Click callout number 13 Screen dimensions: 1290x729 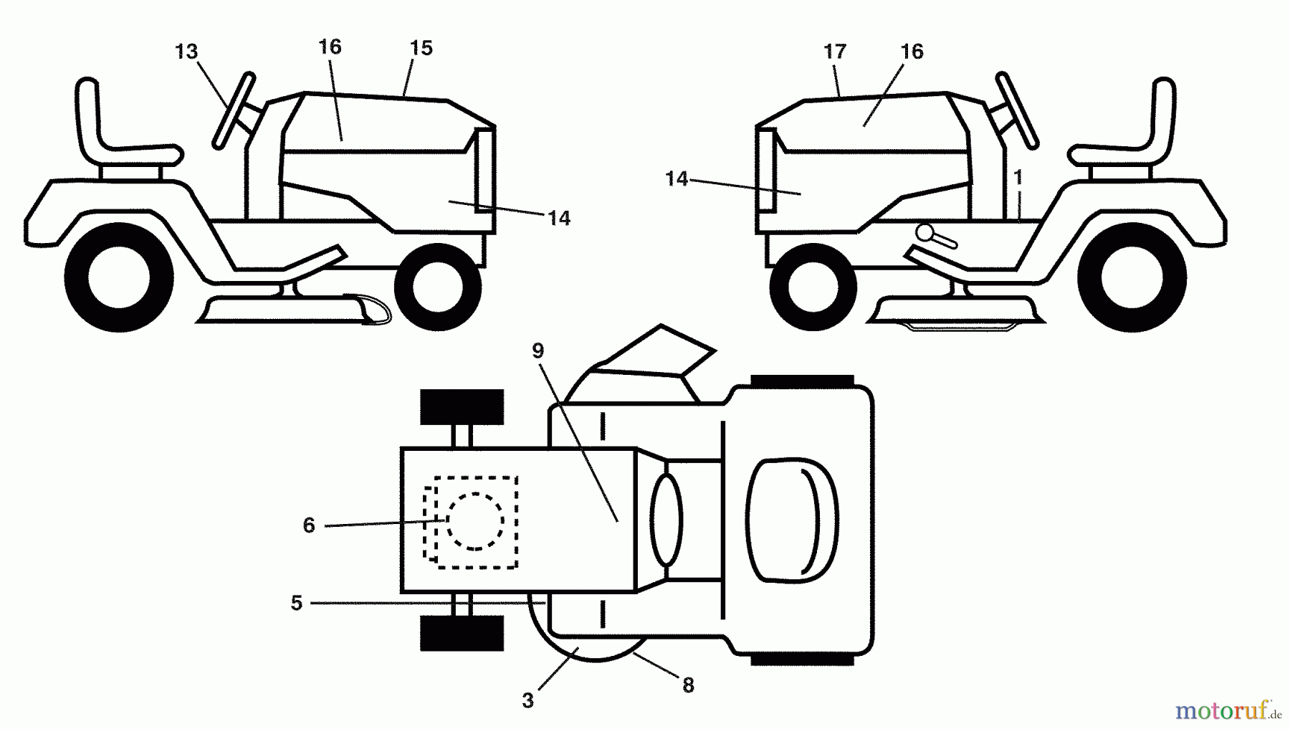186,52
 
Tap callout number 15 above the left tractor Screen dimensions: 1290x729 421,48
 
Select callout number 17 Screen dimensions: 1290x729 835,52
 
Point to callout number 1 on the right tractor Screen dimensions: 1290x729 1018,176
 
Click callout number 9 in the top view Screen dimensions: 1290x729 538,351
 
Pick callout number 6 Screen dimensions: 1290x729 309,525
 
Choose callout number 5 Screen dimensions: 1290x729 297,603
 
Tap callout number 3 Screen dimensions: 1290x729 528,700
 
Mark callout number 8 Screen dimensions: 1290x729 688,685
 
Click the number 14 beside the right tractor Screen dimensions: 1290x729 677,178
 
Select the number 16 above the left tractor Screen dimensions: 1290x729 330,47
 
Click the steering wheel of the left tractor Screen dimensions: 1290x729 234,111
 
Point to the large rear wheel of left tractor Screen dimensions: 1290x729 119,277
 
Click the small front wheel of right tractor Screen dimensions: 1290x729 813,287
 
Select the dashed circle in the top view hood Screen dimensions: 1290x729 475,521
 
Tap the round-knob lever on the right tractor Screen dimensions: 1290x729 935,236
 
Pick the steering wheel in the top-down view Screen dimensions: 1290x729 666,520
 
